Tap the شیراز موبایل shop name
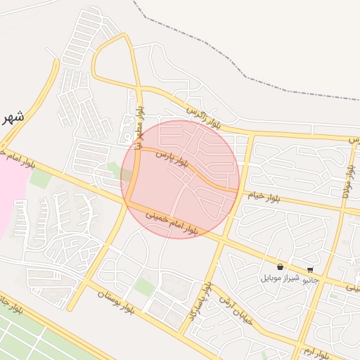click(281, 278)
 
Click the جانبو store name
click(310, 280)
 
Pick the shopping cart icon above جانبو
click(310, 269)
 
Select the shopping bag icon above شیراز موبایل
click(281, 267)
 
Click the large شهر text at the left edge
click(13, 117)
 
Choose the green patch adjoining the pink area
click(40, 179)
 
